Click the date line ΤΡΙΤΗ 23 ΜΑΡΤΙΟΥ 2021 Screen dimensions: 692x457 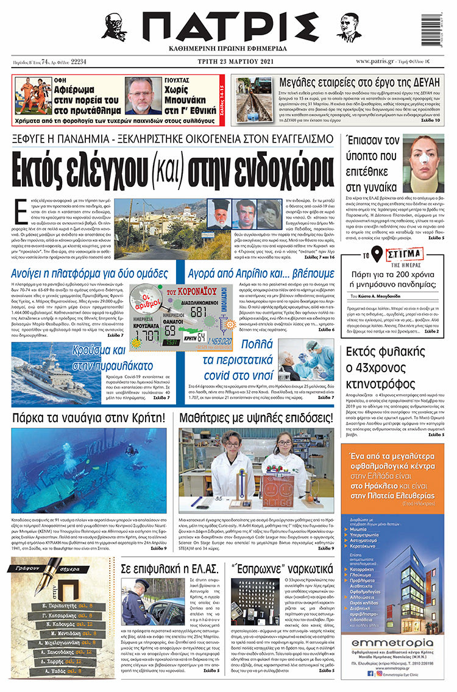click(x=228, y=62)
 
